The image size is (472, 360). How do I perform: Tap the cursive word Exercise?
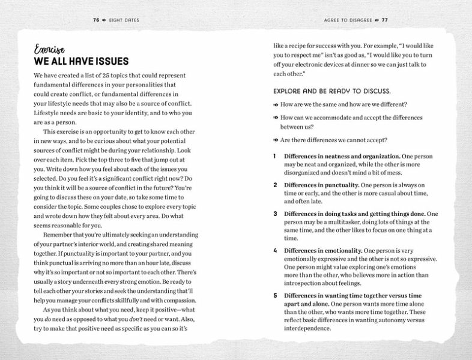[x=49, y=50]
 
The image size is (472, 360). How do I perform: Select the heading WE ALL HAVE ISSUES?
[x=81, y=62]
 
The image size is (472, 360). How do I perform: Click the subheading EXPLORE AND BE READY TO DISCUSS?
[x=332, y=91]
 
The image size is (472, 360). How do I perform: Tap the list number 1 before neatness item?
[x=274, y=156]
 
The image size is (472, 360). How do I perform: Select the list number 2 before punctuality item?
[x=275, y=185]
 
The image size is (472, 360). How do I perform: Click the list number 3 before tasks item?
[x=275, y=214]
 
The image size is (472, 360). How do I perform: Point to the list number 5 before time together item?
[x=275, y=295]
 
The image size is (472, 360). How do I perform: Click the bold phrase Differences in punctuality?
[x=321, y=185]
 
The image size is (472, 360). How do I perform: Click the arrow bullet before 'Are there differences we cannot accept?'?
[x=276, y=140]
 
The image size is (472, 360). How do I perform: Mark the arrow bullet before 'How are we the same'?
[x=276, y=104]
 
